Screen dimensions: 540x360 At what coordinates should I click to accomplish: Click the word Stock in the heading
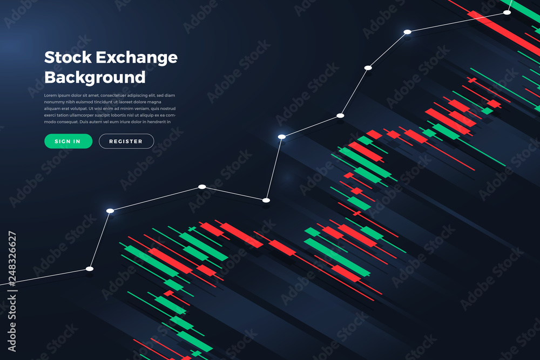pyautogui.click(x=68, y=57)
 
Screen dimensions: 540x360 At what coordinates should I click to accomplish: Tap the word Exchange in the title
pyautogui.click(x=137, y=58)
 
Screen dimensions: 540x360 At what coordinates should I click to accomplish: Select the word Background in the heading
pyautogui.click(x=94, y=77)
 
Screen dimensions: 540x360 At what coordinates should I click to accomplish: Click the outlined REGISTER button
pyautogui.click(x=126, y=141)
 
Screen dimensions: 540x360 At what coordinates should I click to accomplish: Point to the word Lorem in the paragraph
pyautogui.click(x=50, y=96)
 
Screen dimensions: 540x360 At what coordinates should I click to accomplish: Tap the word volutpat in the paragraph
pyautogui.click(x=78, y=109)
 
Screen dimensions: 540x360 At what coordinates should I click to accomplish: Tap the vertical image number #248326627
pyautogui.click(x=12, y=259)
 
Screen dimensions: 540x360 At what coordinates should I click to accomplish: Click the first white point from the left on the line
pyautogui.click(x=90, y=269)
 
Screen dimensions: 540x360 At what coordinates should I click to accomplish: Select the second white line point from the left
pyautogui.click(x=110, y=210)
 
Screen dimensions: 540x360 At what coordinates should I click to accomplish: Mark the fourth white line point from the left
pyautogui.click(x=266, y=200)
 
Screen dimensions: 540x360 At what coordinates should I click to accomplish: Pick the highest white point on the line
pyautogui.click(x=507, y=12)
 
